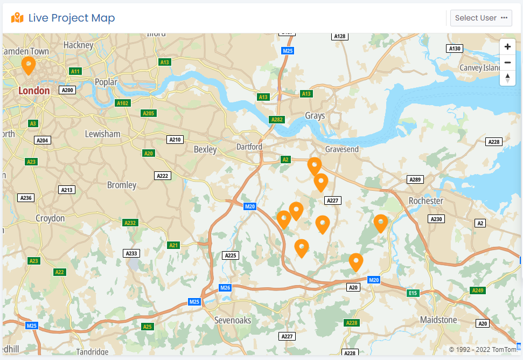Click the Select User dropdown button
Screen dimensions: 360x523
[x=481, y=18]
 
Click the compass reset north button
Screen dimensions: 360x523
[x=507, y=78]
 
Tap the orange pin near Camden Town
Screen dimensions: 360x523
[x=28, y=65]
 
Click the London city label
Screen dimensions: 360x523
[x=34, y=91]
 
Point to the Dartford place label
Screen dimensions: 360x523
[x=249, y=147]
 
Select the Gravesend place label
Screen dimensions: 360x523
[x=341, y=149]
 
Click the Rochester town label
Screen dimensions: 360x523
[x=426, y=200]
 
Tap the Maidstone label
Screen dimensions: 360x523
[x=438, y=320]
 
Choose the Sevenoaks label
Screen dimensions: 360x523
[x=232, y=320]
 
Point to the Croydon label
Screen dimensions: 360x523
[x=50, y=218]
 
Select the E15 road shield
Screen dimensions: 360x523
[x=413, y=293]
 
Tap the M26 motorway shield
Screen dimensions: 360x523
[x=225, y=288]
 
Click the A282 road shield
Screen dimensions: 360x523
[x=277, y=119]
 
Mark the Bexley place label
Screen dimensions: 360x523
[x=205, y=149]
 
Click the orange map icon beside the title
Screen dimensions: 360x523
[x=17, y=18]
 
